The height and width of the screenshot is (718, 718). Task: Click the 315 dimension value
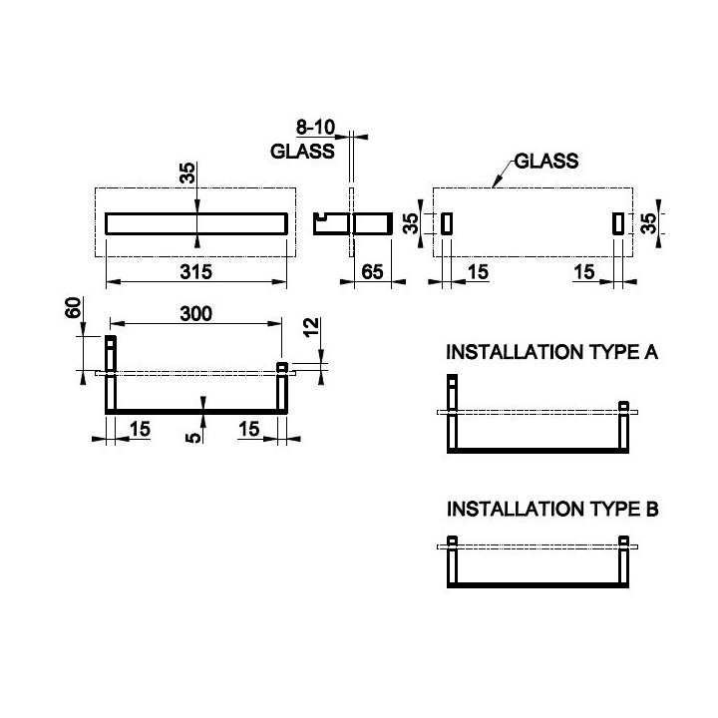pyautogui.click(x=196, y=272)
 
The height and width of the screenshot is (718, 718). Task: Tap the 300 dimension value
pyautogui.click(x=196, y=314)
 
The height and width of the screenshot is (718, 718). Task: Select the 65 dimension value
pyautogui.click(x=372, y=272)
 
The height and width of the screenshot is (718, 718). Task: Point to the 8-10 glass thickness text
pyautogui.click(x=315, y=128)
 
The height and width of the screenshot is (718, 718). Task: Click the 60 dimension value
pyautogui.click(x=73, y=307)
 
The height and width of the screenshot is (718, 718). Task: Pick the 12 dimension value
pyautogui.click(x=311, y=328)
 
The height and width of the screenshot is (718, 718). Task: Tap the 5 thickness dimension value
pyautogui.click(x=193, y=438)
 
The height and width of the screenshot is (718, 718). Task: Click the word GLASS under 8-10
pyautogui.click(x=302, y=152)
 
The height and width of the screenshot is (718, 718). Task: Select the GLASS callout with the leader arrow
pyautogui.click(x=546, y=162)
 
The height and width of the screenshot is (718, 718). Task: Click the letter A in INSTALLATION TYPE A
pyautogui.click(x=650, y=352)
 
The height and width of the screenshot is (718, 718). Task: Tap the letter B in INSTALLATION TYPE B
pyautogui.click(x=652, y=510)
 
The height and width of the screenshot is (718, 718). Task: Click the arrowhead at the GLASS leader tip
pyautogui.click(x=495, y=184)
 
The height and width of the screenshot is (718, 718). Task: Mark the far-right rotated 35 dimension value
pyautogui.click(x=649, y=223)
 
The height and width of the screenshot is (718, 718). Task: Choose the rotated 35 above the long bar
pyautogui.click(x=187, y=174)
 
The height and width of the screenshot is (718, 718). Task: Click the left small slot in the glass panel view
pyautogui.click(x=447, y=223)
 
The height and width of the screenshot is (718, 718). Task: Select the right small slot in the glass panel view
pyautogui.click(x=618, y=223)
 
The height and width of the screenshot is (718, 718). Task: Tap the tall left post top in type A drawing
pyautogui.click(x=452, y=380)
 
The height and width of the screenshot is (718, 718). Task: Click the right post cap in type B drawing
pyautogui.click(x=623, y=540)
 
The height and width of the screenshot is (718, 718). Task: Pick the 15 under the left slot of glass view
pyautogui.click(x=478, y=272)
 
